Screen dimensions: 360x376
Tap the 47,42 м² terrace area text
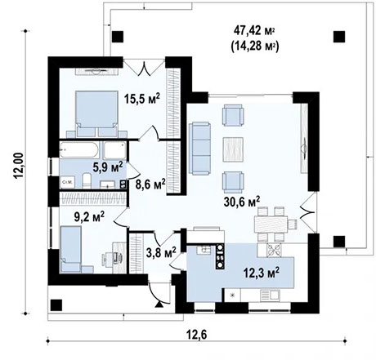coord(248,32)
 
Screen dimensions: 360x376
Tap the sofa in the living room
coord(201,148)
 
